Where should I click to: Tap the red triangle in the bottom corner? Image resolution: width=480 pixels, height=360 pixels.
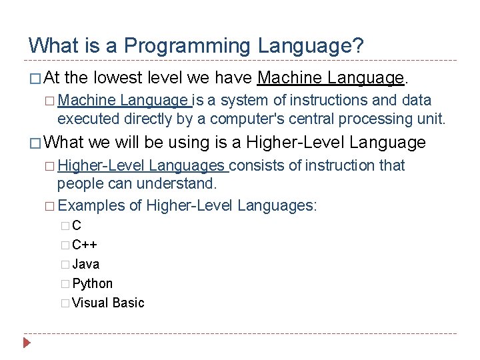(x=27, y=345)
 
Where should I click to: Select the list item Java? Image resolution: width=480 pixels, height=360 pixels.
(x=85, y=264)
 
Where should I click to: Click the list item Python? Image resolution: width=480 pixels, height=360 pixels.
(x=92, y=283)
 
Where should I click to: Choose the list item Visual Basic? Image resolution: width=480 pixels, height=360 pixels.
(x=108, y=303)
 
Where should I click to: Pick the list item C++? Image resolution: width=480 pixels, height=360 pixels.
(x=85, y=245)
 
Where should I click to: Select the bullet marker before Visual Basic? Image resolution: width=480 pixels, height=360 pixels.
(x=64, y=303)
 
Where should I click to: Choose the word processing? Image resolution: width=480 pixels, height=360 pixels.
(x=373, y=119)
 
